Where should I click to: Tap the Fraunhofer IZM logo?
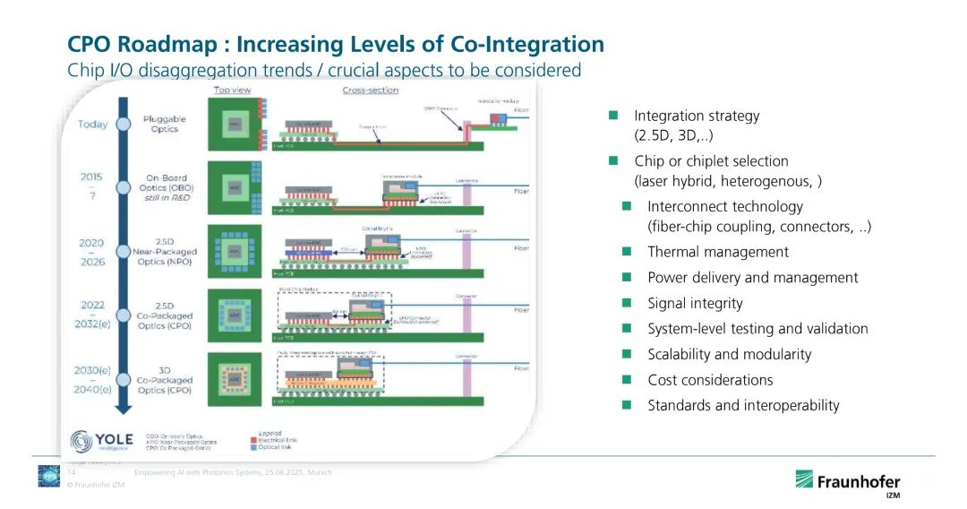coord(851,482)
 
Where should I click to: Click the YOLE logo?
coord(102,441)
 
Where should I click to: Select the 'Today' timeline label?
coord(92,125)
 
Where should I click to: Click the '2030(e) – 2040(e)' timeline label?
coord(92,379)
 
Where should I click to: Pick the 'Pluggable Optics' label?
coord(164,124)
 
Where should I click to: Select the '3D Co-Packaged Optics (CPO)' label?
coord(165,380)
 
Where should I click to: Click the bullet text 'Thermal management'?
coord(718,252)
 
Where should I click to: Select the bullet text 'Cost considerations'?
coord(710,380)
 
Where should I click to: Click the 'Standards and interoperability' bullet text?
coord(743,405)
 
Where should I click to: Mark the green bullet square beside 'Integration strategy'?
coord(614,116)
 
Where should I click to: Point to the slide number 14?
coord(72,472)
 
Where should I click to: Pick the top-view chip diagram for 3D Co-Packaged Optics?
coord(234,379)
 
